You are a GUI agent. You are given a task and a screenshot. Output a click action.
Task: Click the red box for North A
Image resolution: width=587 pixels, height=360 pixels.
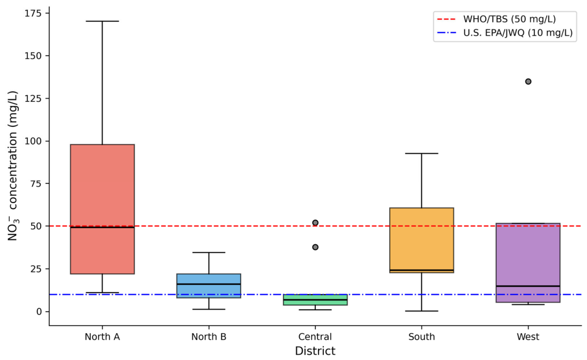[102, 209]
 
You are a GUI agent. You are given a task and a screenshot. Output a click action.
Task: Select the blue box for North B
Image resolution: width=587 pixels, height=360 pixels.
[209, 286]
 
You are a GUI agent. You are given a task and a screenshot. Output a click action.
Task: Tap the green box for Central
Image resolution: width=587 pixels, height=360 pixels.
[315, 300]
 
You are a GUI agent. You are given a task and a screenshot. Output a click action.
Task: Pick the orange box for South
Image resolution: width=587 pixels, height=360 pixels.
[421, 240]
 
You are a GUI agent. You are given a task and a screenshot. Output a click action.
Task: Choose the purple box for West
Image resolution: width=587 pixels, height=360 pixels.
[528, 262]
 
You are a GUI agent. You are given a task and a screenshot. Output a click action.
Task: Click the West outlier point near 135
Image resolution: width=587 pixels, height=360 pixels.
[528, 81]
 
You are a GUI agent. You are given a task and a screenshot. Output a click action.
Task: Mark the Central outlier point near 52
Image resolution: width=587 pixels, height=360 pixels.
[315, 223]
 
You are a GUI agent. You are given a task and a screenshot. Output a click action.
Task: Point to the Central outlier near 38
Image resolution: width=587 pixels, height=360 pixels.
[315, 247]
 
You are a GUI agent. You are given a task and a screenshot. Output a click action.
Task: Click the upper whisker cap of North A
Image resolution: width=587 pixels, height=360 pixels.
[102, 21]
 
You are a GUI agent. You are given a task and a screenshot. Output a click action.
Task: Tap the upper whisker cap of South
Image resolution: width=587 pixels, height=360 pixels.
[421, 153]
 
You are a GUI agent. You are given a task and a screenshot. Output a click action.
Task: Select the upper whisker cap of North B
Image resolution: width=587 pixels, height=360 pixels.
[209, 253]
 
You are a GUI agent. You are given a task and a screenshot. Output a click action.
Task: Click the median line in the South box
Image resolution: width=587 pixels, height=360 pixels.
[421, 270]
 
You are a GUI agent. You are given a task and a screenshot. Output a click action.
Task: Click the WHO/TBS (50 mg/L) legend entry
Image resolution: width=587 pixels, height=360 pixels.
[496, 19]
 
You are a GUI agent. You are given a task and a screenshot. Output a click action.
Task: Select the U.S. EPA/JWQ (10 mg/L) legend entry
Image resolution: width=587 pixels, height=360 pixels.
[504, 33]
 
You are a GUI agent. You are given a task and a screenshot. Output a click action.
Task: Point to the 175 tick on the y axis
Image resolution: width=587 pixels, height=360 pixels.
[47, 13]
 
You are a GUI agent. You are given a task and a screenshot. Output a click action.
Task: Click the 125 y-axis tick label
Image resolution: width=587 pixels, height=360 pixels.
[33, 99]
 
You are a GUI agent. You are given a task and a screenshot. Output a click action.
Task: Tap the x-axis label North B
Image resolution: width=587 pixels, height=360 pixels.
[209, 337]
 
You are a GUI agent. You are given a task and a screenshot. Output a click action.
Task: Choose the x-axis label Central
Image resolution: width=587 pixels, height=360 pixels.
[315, 337]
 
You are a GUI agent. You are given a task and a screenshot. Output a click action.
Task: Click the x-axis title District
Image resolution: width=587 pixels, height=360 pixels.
[315, 351]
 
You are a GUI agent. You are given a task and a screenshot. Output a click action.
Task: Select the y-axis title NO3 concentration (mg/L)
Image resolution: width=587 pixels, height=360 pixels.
[13, 166]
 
